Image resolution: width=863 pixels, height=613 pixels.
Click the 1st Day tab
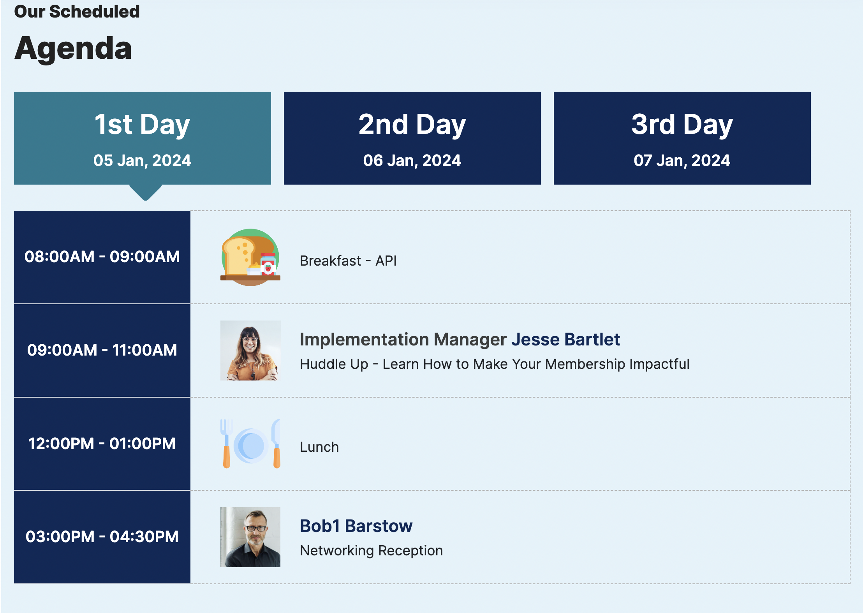[x=143, y=138]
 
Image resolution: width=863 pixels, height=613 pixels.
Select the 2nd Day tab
[x=412, y=138]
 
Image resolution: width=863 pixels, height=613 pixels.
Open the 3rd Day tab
[x=682, y=138]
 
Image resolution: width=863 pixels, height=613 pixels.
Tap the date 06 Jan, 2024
[x=412, y=160]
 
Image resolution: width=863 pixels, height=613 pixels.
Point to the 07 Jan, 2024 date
[x=682, y=160]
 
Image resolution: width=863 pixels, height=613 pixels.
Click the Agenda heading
[x=73, y=49]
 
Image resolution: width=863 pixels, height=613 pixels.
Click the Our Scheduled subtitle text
[x=77, y=12]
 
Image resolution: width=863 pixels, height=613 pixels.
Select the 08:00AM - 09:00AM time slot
[x=102, y=257]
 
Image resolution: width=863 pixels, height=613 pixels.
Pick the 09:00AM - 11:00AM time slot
[x=102, y=351]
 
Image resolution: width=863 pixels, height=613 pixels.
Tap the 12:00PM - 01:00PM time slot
[x=102, y=444]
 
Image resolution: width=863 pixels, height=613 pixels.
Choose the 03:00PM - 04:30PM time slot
[x=102, y=537]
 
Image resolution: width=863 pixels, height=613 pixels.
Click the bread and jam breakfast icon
[x=250, y=257]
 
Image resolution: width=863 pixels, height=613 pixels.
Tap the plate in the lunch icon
[x=251, y=446]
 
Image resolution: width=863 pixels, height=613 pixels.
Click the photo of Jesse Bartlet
[x=250, y=351]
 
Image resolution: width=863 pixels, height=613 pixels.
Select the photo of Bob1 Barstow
[x=250, y=537]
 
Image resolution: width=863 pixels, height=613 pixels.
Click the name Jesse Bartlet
[x=565, y=340]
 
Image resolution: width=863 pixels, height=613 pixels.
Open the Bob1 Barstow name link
[x=356, y=526]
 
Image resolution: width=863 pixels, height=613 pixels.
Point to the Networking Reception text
[x=372, y=551]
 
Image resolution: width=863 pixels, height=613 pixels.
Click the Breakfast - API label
[x=348, y=261]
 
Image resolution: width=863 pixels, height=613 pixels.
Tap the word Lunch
[x=319, y=447]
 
